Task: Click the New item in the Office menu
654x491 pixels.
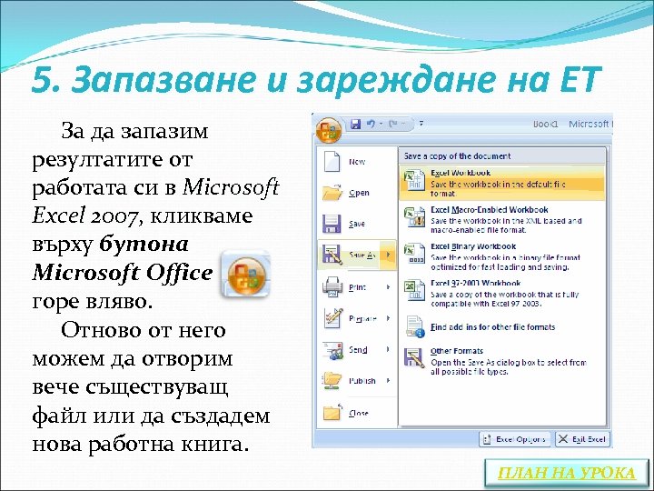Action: point(356,162)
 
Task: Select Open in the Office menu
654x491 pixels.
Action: point(359,193)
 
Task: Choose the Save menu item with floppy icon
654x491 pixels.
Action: point(357,224)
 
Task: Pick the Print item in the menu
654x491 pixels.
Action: point(358,287)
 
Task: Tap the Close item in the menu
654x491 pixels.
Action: point(358,413)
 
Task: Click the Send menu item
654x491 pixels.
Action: point(358,349)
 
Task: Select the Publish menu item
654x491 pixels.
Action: point(361,381)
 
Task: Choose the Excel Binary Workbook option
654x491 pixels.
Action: point(472,245)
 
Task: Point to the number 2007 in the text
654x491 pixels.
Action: point(115,216)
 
